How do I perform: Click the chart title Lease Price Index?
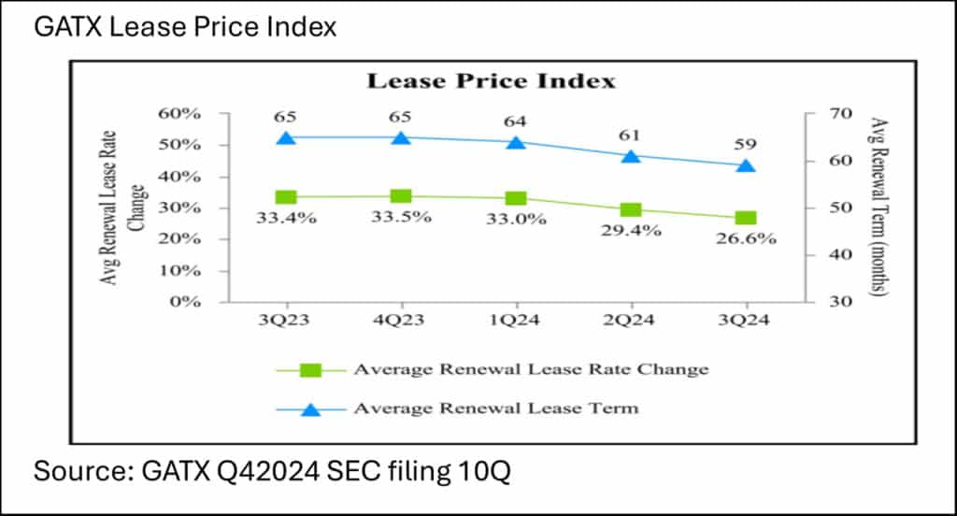(491, 80)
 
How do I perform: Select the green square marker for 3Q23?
(286, 197)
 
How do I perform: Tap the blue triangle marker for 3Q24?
(746, 165)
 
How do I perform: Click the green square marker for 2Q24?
(631, 209)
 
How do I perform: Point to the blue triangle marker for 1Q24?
(516, 142)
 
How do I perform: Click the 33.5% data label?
(401, 218)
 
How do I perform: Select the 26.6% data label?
(746, 238)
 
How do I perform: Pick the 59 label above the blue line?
(746, 145)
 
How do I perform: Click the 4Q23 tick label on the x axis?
(401, 321)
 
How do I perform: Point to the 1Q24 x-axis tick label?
(516, 321)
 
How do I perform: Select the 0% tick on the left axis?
(185, 302)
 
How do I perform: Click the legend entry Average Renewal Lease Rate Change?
(530, 369)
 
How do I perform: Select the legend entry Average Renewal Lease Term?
(495, 408)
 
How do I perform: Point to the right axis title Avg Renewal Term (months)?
(878, 208)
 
